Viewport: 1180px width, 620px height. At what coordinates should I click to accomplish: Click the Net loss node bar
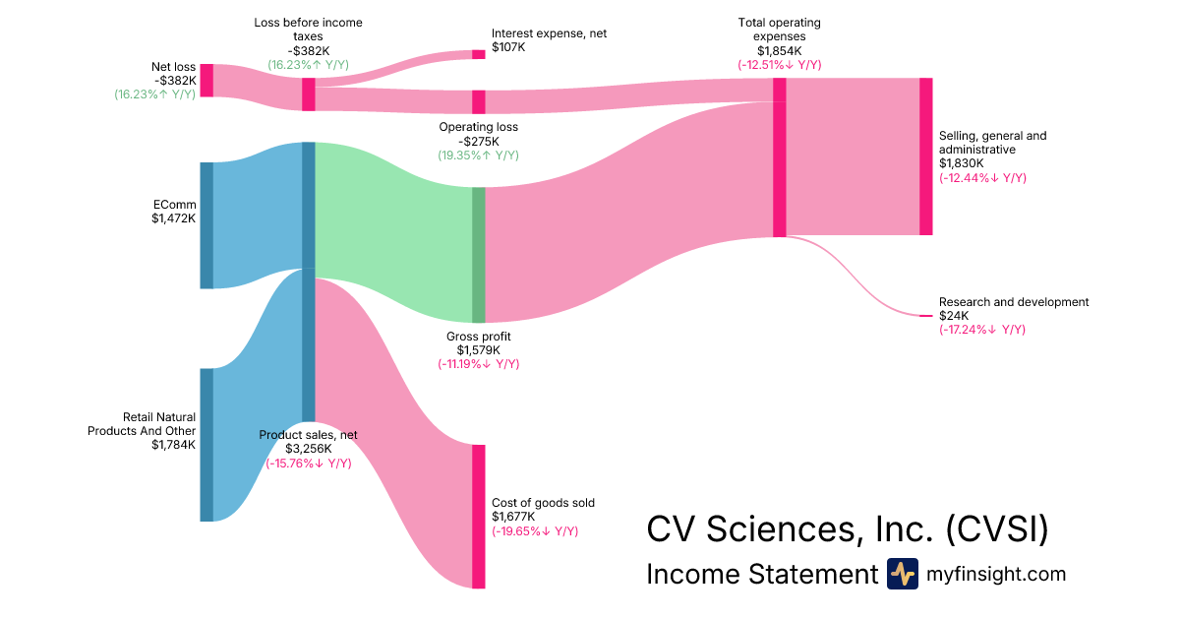206,81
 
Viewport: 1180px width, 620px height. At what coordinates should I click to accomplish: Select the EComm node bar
206,225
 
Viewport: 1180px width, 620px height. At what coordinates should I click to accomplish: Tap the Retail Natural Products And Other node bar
206,445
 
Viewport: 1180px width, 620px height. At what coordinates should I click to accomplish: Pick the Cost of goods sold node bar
479,517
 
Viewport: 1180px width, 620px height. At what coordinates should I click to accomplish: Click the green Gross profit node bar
479,255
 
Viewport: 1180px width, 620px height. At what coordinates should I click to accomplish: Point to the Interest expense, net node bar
479,54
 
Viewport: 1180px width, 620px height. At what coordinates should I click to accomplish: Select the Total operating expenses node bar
780,157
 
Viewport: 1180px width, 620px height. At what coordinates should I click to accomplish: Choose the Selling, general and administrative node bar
925,156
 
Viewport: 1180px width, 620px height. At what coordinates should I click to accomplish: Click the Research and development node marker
925,316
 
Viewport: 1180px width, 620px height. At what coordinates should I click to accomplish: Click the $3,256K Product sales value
309,449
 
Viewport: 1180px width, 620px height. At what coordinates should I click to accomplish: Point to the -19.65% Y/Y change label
535,531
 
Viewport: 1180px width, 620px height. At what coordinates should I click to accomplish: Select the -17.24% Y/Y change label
982,330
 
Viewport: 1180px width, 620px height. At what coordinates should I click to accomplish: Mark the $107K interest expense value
508,47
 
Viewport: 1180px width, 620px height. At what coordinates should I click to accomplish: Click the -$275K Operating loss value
478,141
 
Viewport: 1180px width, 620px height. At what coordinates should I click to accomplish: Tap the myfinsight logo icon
902,574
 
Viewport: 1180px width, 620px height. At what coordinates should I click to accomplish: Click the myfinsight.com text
996,574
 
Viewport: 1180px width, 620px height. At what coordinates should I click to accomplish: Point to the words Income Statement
761,574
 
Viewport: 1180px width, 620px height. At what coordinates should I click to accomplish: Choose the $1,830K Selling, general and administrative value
961,163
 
